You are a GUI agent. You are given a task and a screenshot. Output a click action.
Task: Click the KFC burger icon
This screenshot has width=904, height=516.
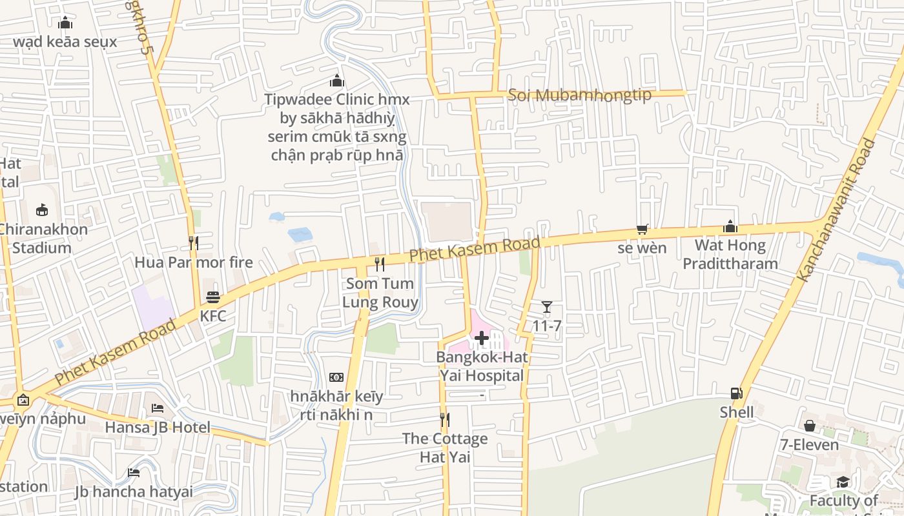(213, 297)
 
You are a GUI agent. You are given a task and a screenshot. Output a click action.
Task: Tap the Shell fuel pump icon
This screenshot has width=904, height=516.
(736, 393)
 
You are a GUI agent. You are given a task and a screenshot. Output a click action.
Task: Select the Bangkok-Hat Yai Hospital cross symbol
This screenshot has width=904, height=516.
(481, 338)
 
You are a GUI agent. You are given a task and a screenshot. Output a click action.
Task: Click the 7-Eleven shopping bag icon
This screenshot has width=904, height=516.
(809, 426)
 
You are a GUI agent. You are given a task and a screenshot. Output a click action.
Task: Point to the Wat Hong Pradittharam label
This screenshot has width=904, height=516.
(730, 255)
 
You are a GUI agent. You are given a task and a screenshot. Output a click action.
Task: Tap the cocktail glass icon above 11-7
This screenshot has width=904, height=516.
(547, 307)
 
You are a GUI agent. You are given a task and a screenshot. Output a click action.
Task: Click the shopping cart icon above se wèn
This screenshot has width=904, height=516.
(642, 229)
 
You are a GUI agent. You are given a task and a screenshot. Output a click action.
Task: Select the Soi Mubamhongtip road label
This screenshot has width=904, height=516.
(579, 95)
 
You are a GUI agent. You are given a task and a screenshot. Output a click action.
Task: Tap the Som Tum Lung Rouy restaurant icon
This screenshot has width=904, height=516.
(380, 264)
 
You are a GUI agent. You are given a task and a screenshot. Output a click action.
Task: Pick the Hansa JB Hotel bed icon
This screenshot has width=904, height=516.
(158, 408)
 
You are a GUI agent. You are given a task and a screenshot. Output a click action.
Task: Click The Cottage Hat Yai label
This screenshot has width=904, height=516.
(445, 448)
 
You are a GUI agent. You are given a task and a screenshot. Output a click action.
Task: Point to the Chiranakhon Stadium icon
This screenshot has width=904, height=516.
(42, 210)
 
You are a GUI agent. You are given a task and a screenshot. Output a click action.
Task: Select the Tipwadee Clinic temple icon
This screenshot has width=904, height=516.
(336, 81)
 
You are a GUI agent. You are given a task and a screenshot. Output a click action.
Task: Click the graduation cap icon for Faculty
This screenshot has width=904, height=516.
(843, 482)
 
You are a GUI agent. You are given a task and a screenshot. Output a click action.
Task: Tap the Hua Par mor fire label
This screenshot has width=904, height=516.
(194, 263)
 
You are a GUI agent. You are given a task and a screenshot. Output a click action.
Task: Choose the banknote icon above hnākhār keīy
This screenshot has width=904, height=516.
(336, 377)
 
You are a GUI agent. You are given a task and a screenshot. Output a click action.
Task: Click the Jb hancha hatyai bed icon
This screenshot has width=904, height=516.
(134, 473)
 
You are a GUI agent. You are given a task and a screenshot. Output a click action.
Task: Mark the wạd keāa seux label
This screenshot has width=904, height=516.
(65, 42)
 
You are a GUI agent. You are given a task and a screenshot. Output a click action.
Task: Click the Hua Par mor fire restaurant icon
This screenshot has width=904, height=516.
(193, 243)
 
